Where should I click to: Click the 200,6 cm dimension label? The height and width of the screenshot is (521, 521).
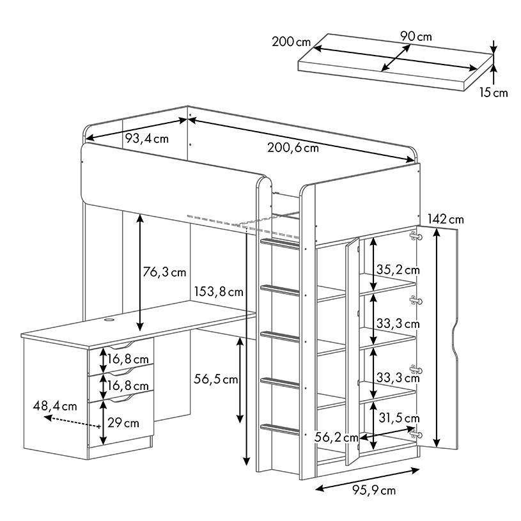click(x=293, y=148)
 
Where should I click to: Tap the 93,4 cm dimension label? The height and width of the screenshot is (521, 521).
click(x=146, y=138)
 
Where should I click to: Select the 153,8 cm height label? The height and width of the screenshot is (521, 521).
click(x=218, y=292)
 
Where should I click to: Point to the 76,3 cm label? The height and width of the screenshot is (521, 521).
click(x=165, y=272)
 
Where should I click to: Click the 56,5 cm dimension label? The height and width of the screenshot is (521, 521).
click(x=215, y=380)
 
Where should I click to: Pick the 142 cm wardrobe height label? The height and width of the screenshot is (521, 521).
click(x=446, y=219)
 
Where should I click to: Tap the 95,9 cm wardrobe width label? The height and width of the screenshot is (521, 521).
click(x=374, y=490)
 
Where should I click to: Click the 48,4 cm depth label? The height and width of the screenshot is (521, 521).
click(x=55, y=405)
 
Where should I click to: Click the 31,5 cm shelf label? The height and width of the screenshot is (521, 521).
click(x=399, y=418)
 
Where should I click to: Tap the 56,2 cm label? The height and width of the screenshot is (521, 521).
click(x=337, y=437)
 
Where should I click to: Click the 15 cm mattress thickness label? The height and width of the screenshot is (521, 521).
click(x=494, y=93)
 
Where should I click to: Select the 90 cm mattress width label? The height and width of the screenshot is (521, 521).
click(x=416, y=36)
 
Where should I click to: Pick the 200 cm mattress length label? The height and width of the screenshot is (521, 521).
click(x=291, y=42)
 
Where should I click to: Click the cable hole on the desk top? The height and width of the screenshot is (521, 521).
click(x=108, y=318)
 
